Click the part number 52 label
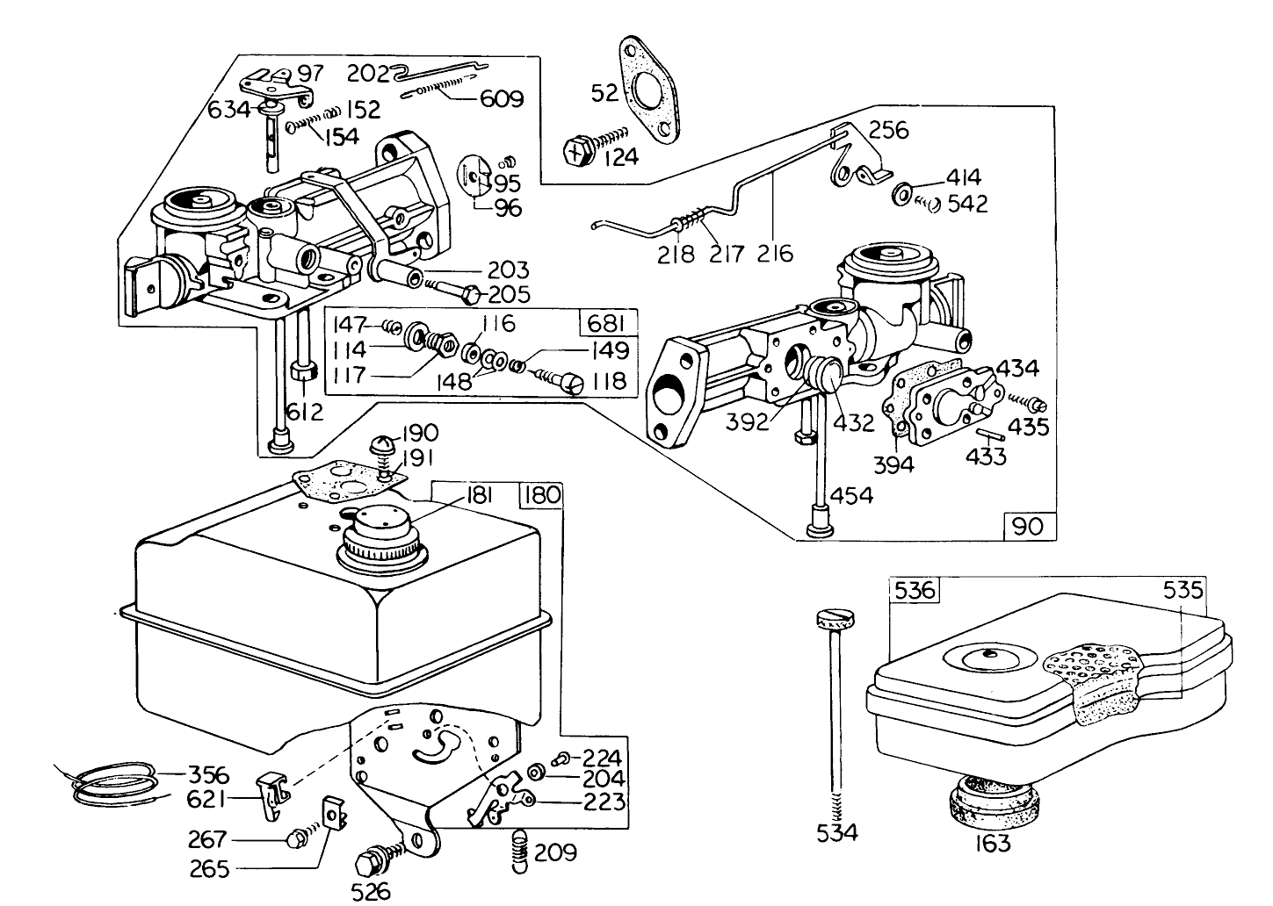[604, 92]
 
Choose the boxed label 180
[540, 494]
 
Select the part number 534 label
[836, 831]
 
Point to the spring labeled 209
[520, 851]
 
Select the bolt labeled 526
[372, 860]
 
